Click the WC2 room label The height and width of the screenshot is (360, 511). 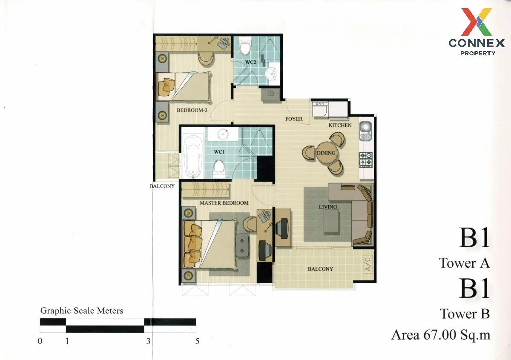click(251, 62)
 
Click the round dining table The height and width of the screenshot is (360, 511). click(326, 153)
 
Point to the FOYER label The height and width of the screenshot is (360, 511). click(294, 119)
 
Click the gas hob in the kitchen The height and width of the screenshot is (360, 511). click(366, 160)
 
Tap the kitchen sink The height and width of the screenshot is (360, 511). click(365, 131)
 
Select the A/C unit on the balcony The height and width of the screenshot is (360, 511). click(368, 263)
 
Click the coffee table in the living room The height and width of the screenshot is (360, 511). click(331, 221)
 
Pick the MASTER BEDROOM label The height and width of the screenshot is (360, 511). click(224, 203)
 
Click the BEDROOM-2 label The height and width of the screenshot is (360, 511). click(192, 110)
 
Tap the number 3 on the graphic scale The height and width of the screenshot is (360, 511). click(148, 341)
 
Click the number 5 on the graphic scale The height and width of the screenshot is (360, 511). click(197, 341)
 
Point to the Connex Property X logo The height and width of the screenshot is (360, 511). click(477, 22)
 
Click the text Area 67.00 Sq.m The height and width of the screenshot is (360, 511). click(441, 335)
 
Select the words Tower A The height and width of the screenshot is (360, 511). click(464, 263)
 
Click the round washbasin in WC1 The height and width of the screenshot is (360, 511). click(223, 134)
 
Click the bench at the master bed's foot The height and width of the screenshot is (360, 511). click(242, 246)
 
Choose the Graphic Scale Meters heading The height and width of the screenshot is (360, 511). click(82, 311)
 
